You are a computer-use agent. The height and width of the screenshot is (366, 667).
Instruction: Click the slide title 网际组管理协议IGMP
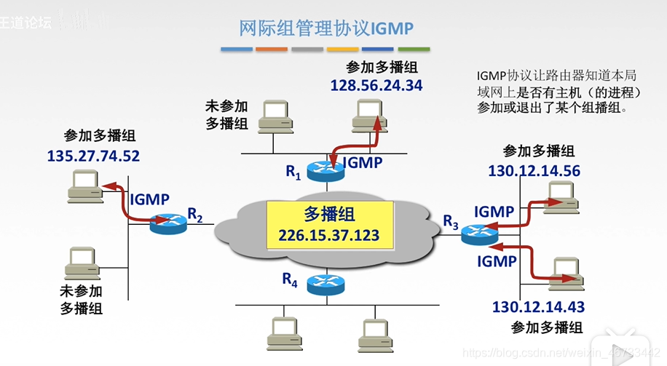coord(326,28)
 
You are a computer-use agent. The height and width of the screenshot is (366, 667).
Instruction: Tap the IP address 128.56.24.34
coord(376,85)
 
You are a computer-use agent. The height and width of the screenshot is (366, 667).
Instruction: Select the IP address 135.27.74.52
coord(93,155)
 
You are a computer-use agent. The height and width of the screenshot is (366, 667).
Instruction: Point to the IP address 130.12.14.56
coord(534,170)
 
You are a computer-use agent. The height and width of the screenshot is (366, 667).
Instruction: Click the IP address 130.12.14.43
coord(538,307)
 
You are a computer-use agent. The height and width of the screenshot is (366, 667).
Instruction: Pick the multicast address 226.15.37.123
coord(325,235)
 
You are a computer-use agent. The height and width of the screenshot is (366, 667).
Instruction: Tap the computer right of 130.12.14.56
coord(561,195)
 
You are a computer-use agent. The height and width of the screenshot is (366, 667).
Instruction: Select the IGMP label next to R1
coord(362,162)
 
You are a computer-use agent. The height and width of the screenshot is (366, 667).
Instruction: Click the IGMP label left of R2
coord(149,199)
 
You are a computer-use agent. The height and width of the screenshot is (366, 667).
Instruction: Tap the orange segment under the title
coord(272,49)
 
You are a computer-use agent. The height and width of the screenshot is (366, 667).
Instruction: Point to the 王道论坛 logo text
coord(26,22)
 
